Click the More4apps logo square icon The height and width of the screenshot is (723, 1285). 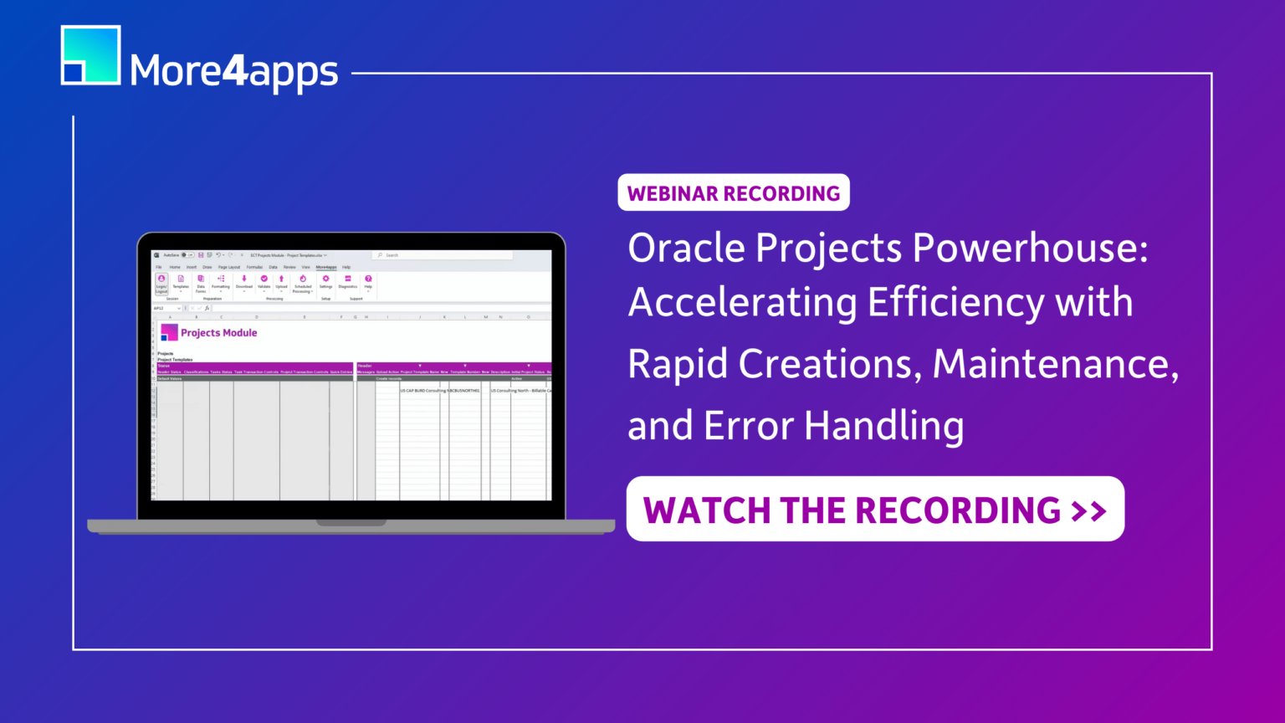[90, 55]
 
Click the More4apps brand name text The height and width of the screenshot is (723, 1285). [234, 71]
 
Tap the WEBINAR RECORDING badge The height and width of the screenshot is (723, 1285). [734, 193]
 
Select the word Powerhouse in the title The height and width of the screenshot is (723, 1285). [1030, 249]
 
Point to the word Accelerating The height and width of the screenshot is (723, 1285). [742, 303]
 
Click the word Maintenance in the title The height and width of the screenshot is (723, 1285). [1056, 364]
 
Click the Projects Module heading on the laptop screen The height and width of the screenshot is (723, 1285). [218, 333]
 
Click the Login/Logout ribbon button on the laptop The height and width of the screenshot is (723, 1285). [161, 283]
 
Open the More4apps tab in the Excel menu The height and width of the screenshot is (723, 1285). [326, 267]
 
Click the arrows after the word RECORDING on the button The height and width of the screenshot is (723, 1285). [1089, 510]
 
